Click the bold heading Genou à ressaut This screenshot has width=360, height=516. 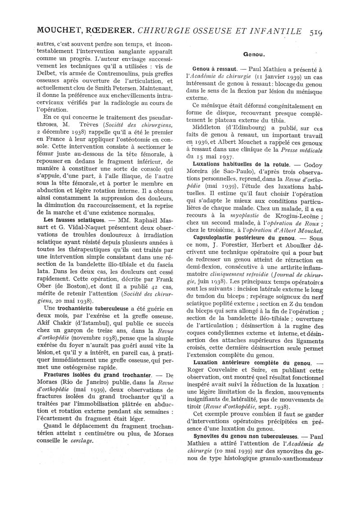[x=215, y=69]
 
